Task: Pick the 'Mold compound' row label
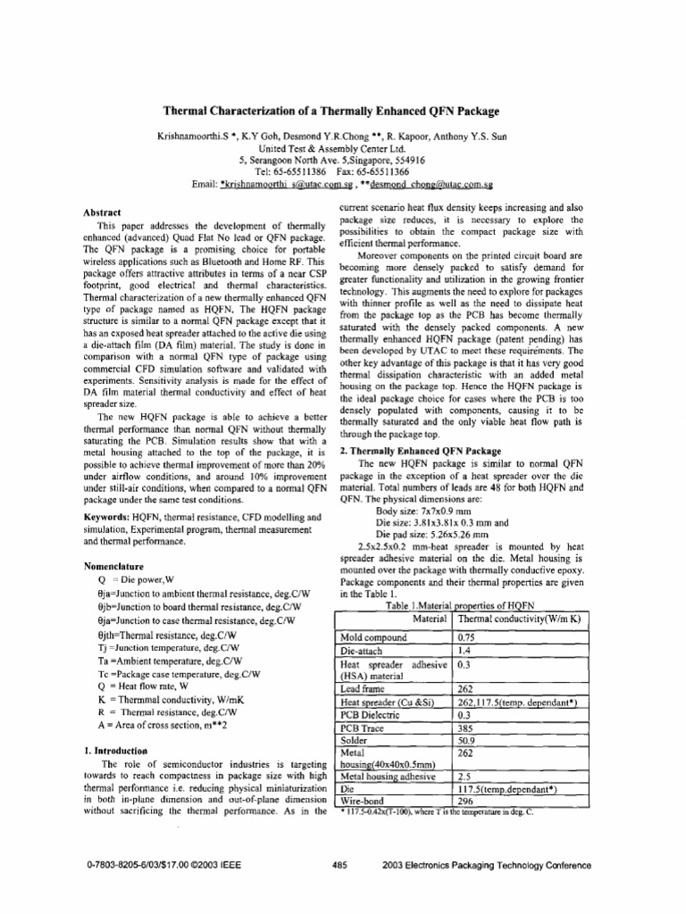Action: [x=373, y=638]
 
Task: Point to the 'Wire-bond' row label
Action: [x=365, y=801]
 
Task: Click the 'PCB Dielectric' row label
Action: [x=374, y=715]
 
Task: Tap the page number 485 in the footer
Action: [x=339, y=865]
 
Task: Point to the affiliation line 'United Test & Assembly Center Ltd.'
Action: [x=330, y=148]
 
